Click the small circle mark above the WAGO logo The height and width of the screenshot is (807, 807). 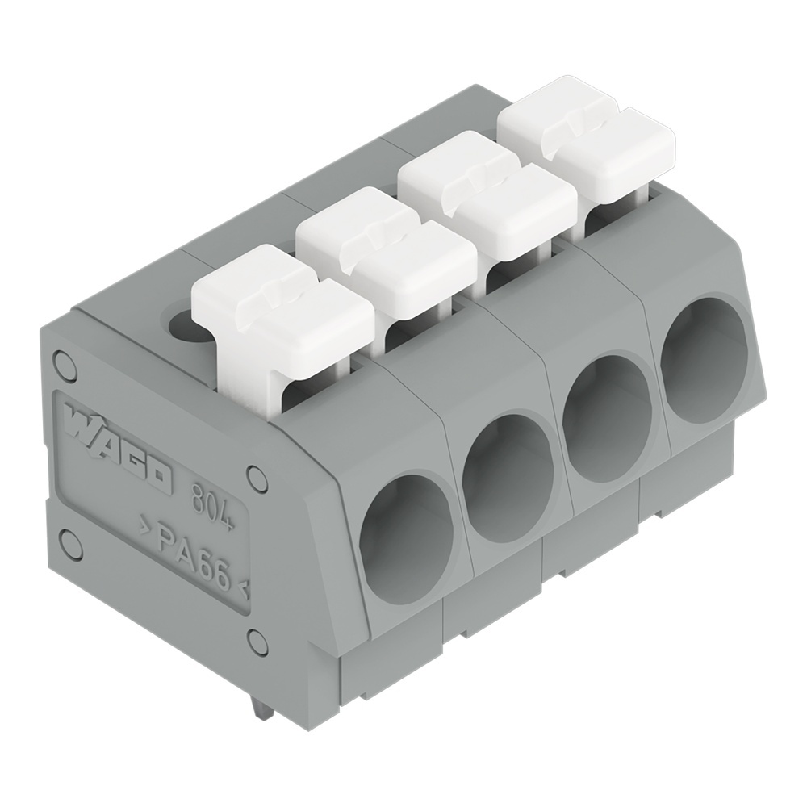[x=61, y=361]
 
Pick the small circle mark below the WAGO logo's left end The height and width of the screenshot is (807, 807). [x=65, y=538]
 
